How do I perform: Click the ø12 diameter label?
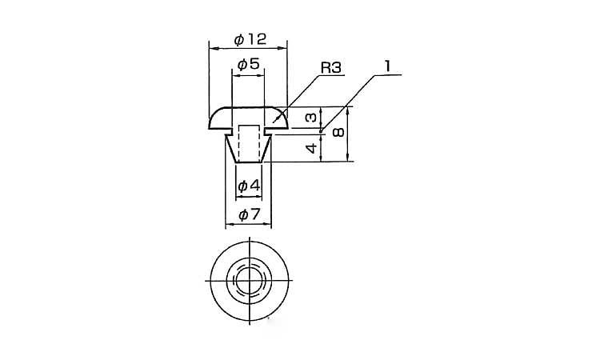(x=250, y=39)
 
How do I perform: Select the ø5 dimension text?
(x=249, y=64)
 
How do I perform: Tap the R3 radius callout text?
(x=330, y=68)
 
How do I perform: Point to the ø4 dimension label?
(x=249, y=186)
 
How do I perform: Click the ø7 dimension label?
(x=249, y=214)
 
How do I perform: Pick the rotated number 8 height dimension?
(x=338, y=132)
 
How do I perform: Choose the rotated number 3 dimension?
(x=311, y=117)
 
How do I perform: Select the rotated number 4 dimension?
(x=312, y=148)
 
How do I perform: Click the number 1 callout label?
(x=388, y=66)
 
